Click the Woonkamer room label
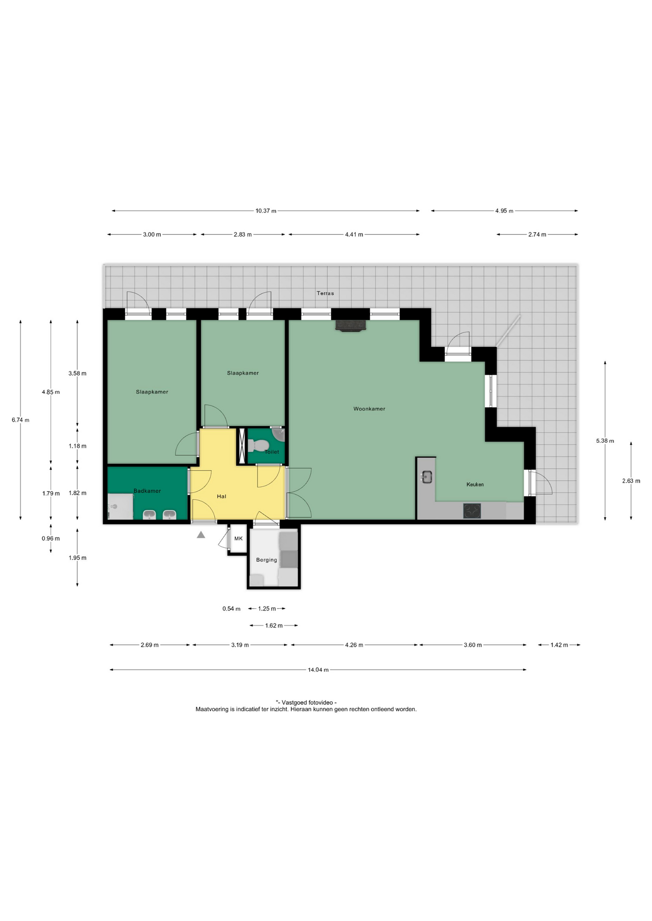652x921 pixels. (x=369, y=409)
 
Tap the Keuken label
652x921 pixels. (x=475, y=484)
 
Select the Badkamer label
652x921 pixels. (x=147, y=491)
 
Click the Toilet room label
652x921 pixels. (x=272, y=452)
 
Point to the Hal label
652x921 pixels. (x=221, y=496)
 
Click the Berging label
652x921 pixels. (x=266, y=560)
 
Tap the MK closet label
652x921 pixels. (x=239, y=539)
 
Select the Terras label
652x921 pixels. (x=325, y=293)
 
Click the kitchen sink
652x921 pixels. (x=427, y=477)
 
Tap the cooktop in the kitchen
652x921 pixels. (x=472, y=511)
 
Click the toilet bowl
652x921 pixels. (x=258, y=446)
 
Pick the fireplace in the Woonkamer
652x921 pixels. (x=350, y=326)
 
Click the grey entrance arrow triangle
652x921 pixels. (x=201, y=534)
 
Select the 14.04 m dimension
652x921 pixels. (x=318, y=670)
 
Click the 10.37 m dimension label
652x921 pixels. (x=266, y=211)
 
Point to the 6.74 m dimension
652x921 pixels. (x=20, y=420)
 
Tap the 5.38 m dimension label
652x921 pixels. (x=605, y=441)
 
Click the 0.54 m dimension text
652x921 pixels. (x=231, y=609)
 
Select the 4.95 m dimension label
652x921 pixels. (x=504, y=211)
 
